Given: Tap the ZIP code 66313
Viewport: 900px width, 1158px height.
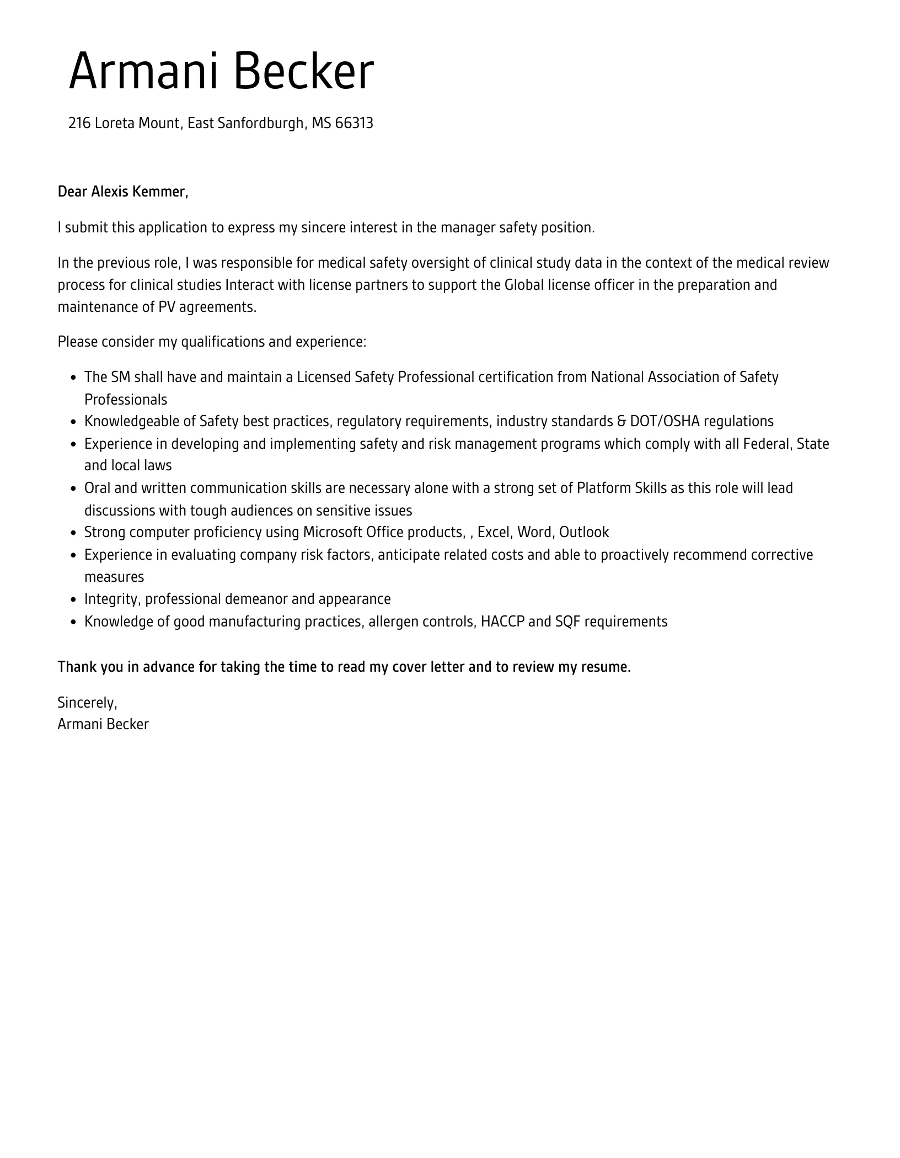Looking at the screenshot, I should [354, 123].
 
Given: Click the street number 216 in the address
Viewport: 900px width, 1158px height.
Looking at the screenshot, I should [79, 123].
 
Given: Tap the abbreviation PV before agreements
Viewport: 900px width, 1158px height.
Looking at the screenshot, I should [167, 307].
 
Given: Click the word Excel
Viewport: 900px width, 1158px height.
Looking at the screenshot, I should [495, 533].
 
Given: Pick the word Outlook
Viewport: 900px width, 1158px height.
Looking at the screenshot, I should [584, 533].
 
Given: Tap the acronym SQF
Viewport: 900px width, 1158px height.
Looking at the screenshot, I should [567, 622].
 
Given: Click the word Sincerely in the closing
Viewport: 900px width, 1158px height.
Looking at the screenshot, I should [87, 703].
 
